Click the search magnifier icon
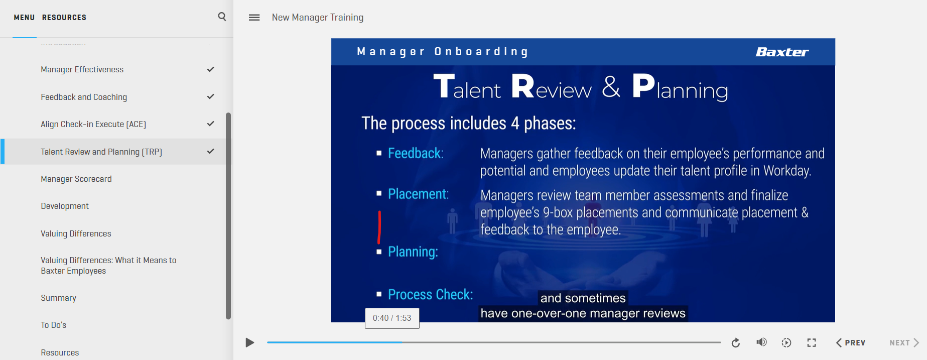[222, 17]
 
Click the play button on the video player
[249, 342]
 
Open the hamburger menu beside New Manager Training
[254, 18]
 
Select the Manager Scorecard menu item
[76, 179]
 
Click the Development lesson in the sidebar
[65, 206]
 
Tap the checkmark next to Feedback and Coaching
[211, 96]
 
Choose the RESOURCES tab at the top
[64, 18]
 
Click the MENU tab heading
[24, 18]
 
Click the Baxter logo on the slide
[782, 52]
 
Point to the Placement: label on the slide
[419, 194]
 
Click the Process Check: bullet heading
[431, 294]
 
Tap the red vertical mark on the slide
[379, 227]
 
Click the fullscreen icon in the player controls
[812, 342]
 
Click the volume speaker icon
[761, 342]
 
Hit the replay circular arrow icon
[736, 342]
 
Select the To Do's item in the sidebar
[54, 325]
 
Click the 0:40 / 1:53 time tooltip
[392, 318]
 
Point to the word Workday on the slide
[787, 171]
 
